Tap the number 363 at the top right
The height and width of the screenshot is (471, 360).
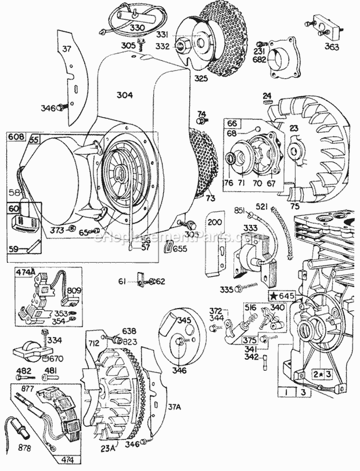331,47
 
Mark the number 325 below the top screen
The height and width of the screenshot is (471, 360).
187,78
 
